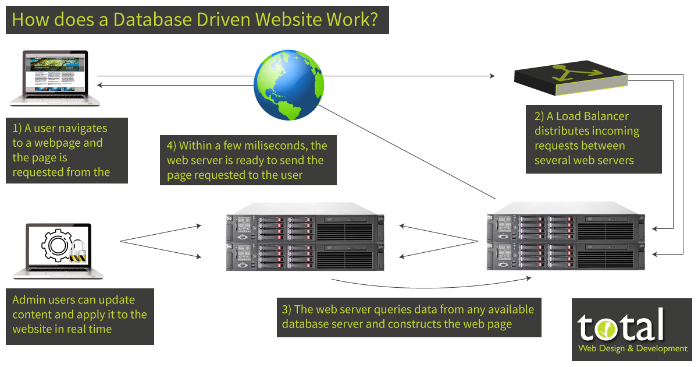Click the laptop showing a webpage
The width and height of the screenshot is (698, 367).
tap(55, 78)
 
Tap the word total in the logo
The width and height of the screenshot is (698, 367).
tap(621, 326)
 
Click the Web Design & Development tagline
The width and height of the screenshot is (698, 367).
tap(632, 348)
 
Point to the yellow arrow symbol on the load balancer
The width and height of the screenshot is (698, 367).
tap(569, 73)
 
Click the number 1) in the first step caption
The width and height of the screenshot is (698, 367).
tap(17, 128)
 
